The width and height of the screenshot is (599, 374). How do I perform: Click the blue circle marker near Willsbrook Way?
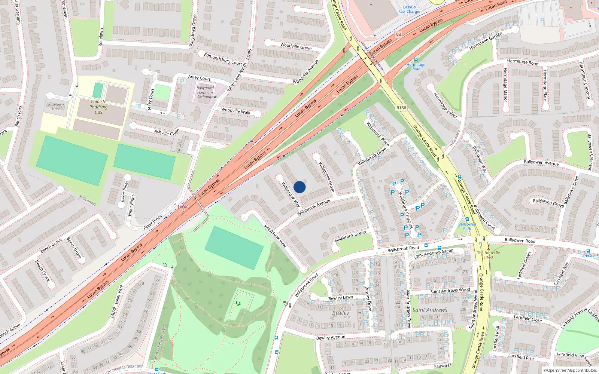[299, 187]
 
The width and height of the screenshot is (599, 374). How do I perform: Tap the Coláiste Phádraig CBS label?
[98, 107]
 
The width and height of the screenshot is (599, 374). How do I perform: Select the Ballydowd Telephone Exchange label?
[205, 92]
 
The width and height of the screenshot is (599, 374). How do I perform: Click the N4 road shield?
[398, 35]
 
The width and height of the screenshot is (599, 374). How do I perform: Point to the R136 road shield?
[401, 108]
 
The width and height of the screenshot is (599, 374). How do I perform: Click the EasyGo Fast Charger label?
[409, 9]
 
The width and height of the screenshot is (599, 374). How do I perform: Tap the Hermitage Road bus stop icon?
[416, 60]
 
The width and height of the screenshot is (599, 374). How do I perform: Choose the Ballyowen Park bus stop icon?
[467, 220]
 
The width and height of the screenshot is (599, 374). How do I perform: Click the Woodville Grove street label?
[296, 46]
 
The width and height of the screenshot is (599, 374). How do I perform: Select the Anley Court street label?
[199, 78]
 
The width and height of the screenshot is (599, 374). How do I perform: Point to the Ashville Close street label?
[167, 132]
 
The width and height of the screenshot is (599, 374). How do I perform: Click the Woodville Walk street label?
[235, 111]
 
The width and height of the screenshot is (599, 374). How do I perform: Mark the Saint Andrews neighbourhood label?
[429, 310]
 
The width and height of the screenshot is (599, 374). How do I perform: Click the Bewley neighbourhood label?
[340, 313]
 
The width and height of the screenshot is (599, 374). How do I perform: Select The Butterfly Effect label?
[488, 255]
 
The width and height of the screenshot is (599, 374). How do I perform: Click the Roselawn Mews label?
[56, 107]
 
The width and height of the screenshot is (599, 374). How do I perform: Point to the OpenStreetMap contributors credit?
[570, 371]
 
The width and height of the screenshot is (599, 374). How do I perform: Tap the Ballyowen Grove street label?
[548, 202]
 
